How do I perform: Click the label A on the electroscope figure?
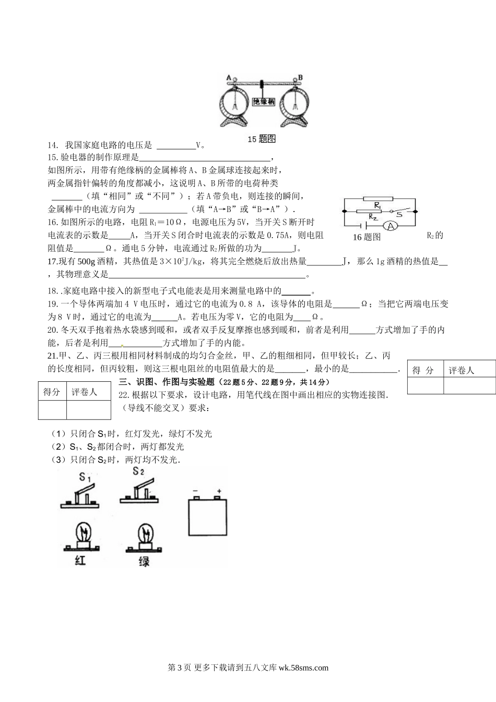pyautogui.click(x=229, y=77)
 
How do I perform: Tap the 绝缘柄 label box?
pyautogui.click(x=264, y=102)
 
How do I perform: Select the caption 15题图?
pyautogui.click(x=261, y=139)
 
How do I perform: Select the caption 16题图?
pyautogui.click(x=367, y=237)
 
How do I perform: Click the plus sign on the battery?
pyautogui.click(x=219, y=491)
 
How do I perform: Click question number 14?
pyautogui.click(x=52, y=146)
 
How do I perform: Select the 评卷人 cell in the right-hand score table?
pyautogui.click(x=462, y=370)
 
